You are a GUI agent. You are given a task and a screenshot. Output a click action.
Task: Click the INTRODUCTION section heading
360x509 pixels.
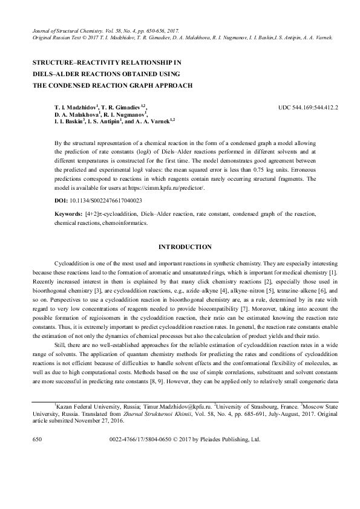click(184, 247)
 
